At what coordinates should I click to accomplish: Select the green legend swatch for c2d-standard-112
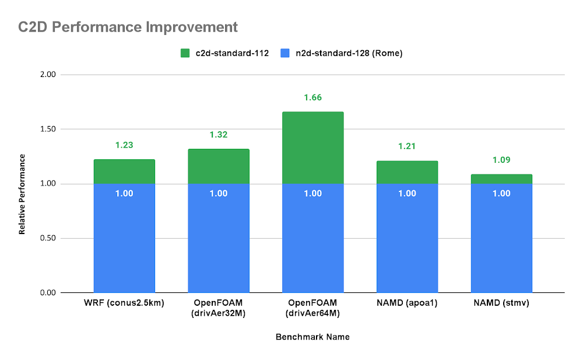coord(186,53)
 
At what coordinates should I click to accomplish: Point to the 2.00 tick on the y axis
coord(48,75)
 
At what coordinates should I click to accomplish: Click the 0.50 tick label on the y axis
coord(48,238)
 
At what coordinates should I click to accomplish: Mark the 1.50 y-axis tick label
coord(48,129)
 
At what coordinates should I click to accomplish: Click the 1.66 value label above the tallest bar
coord(312,97)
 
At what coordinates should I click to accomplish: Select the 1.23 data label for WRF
coord(124,145)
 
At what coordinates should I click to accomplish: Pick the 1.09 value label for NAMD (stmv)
coord(501,160)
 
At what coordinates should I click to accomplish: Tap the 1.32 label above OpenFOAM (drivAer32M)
coord(218,135)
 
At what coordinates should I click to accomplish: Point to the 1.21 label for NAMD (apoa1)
coord(407,146)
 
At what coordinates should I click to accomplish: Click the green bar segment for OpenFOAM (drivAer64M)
coord(312,147)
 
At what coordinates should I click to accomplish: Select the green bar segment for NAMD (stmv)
coord(501,179)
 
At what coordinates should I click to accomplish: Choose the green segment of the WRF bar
coord(124,172)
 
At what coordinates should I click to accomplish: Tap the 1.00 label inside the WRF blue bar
coord(124,193)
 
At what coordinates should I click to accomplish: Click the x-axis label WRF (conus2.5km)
coord(124,303)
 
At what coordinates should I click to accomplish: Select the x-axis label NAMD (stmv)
coord(501,303)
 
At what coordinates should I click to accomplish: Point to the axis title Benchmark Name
coord(312,337)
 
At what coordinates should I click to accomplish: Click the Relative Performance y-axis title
coord(22,194)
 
